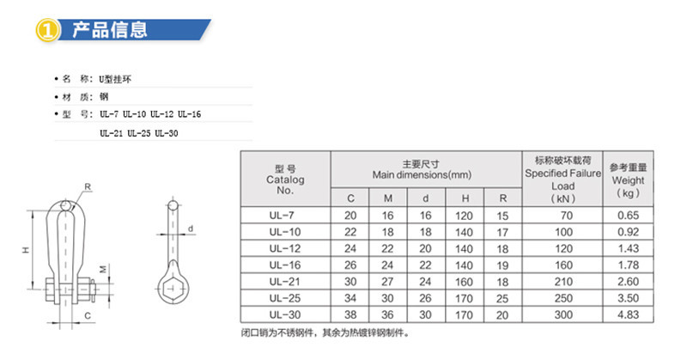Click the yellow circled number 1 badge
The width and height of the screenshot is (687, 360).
47,30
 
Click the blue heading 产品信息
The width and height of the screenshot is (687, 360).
110,30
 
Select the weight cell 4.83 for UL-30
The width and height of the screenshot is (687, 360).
628,314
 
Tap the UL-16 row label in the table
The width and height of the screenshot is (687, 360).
285,265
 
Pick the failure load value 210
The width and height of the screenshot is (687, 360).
563,282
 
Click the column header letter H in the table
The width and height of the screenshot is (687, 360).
465,198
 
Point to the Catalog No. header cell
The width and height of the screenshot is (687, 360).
285,180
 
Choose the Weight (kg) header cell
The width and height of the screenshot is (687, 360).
628,180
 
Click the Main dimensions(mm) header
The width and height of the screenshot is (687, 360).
422,170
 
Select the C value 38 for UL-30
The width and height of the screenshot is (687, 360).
350,314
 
